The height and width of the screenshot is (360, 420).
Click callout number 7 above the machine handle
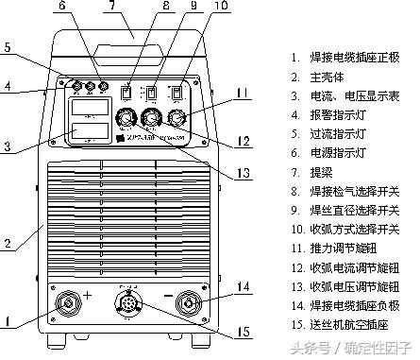click(x=112, y=8)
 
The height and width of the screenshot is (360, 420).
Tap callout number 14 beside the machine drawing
click(x=244, y=284)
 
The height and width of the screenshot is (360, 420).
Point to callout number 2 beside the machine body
click(x=8, y=243)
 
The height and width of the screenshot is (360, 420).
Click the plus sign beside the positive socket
click(x=88, y=296)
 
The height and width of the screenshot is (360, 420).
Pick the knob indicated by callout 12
click(x=149, y=119)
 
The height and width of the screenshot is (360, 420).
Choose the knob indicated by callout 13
click(x=123, y=119)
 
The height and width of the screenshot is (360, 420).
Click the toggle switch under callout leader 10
click(x=176, y=93)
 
